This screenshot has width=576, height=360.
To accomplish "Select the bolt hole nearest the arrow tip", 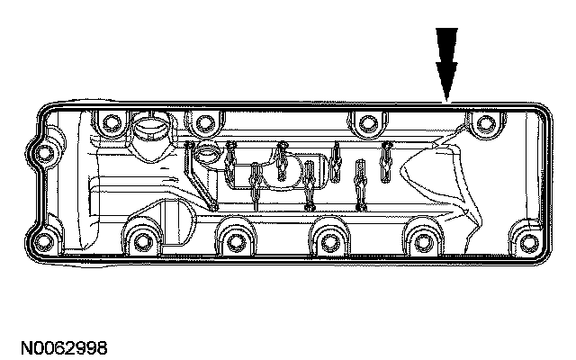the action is (485, 123).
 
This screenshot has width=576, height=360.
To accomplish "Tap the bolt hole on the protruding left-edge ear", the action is (41, 154).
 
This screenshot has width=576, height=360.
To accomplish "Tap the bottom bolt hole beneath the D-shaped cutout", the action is (139, 240).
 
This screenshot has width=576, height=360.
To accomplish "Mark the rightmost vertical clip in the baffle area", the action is (386, 157).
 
